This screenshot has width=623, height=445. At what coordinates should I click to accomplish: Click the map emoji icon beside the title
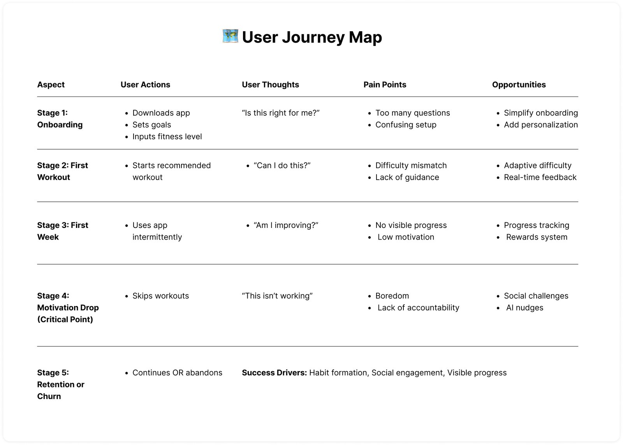click(x=230, y=36)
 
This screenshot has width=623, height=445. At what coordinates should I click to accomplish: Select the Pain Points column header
click(x=385, y=85)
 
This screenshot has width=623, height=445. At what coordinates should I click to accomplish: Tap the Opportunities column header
click(x=519, y=85)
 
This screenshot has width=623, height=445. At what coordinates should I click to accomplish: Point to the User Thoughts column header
click(x=270, y=85)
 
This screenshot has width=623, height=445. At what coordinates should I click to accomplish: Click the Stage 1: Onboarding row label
click(x=60, y=119)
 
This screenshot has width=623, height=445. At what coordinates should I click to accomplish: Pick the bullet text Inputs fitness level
click(x=167, y=137)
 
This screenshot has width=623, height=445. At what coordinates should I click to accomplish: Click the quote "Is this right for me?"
click(x=280, y=113)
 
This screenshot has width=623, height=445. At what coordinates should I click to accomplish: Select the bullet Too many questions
click(x=412, y=113)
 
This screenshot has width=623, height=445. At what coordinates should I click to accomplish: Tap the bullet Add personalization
click(x=540, y=125)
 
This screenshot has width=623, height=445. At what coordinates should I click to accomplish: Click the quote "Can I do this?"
click(x=282, y=165)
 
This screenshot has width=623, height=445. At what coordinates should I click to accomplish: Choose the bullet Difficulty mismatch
click(x=411, y=165)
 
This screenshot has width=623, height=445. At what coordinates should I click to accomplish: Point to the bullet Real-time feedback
click(x=540, y=177)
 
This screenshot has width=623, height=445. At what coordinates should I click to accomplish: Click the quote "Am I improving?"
click(x=286, y=225)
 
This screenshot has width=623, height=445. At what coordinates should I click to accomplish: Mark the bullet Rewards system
click(x=537, y=237)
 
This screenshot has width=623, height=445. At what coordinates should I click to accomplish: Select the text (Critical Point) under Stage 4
click(x=65, y=319)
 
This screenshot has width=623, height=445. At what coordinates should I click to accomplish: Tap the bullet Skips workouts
click(x=160, y=296)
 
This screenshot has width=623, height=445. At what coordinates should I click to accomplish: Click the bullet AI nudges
click(x=524, y=308)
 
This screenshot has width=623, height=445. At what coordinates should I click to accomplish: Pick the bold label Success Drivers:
click(x=274, y=373)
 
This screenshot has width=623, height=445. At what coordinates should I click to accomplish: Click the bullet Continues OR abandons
click(x=177, y=373)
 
